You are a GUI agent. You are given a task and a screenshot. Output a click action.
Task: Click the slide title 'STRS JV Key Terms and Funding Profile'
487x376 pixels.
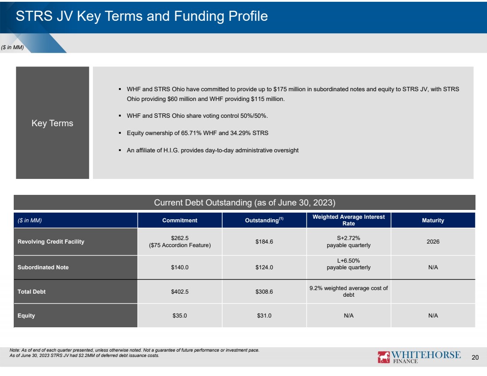click(142, 16)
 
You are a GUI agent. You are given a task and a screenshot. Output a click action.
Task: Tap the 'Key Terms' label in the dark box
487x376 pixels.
click(53, 123)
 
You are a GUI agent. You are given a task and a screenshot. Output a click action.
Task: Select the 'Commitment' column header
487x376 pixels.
click(180, 220)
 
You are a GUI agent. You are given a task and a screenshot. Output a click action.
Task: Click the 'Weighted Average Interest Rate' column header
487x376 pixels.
click(348, 220)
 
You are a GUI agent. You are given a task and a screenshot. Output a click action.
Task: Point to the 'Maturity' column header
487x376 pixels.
click(433, 220)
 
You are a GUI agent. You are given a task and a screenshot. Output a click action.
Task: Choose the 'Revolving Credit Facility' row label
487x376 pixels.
click(51, 241)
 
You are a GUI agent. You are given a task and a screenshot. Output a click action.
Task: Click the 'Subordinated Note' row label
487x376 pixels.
click(43, 267)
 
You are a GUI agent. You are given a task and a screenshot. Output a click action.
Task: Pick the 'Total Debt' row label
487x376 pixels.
click(32, 291)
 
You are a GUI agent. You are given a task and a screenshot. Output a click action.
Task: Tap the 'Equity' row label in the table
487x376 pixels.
click(27, 315)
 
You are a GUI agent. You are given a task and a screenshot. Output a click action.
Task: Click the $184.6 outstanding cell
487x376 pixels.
click(264, 241)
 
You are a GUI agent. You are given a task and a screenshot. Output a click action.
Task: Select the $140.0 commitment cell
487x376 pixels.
click(180, 267)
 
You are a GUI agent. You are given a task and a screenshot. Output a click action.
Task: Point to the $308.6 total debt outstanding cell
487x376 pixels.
click(264, 291)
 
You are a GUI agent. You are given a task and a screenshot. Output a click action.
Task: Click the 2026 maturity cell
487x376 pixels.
click(433, 241)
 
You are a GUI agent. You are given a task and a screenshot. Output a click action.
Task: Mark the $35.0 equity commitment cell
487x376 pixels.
click(180, 315)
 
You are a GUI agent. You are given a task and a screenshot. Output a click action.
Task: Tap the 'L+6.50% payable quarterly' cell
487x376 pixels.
click(348, 264)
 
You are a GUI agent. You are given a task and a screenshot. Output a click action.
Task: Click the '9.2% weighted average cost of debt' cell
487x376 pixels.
click(348, 291)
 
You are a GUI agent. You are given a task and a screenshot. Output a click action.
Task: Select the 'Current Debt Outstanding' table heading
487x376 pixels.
click(245, 202)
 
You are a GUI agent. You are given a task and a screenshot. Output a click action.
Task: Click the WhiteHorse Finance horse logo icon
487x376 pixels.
click(383, 357)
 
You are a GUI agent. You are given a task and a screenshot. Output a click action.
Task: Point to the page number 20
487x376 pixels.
click(475, 357)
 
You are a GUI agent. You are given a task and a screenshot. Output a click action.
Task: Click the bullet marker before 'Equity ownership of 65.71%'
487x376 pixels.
click(120, 133)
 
